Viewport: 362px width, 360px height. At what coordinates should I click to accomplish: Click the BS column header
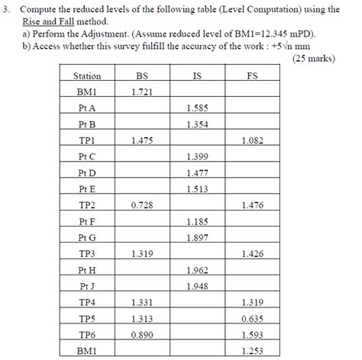(141, 76)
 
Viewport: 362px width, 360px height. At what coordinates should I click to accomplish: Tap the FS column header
(253, 76)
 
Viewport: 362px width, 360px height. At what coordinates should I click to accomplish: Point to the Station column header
(86, 76)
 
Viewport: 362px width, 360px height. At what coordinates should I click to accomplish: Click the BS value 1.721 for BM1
(141, 92)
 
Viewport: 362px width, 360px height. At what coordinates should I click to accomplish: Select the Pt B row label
(86, 124)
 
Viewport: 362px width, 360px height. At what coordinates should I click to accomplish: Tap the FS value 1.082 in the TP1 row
(253, 140)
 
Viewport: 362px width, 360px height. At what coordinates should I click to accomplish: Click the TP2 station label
(86, 205)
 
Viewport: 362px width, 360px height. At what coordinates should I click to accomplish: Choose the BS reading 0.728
(141, 205)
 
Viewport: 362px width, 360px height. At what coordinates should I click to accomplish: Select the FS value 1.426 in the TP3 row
(253, 254)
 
